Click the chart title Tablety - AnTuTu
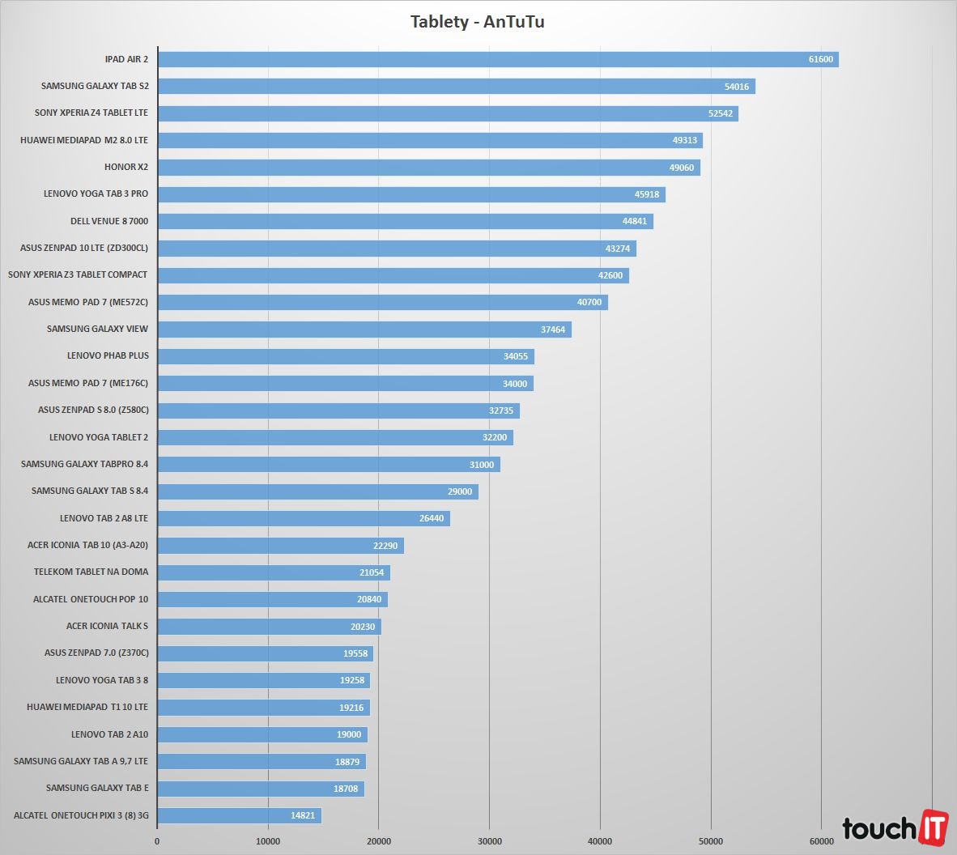pyautogui.click(x=477, y=22)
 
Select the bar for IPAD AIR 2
pyautogui.click(x=497, y=59)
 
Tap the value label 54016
pyautogui.click(x=736, y=87)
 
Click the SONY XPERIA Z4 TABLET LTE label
pyautogui.click(x=91, y=113)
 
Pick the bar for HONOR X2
pyautogui.click(x=428, y=168)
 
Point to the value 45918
pyautogui.click(x=646, y=194)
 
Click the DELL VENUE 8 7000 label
pyautogui.click(x=109, y=221)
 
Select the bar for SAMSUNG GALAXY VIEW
pyautogui.click(x=364, y=330)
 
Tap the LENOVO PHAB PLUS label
pyautogui.click(x=108, y=355)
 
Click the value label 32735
pyautogui.click(x=501, y=410)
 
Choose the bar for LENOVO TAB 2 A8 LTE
pyautogui.click(x=304, y=518)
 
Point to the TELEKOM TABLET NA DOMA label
pyautogui.click(x=91, y=572)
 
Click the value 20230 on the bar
pyautogui.click(x=363, y=627)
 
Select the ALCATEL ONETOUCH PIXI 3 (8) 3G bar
pyautogui.click(x=239, y=815)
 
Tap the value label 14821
pyautogui.click(x=303, y=815)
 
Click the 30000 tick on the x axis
pyautogui.click(x=489, y=841)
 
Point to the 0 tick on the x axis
pyautogui.click(x=157, y=841)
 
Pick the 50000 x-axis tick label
pyautogui.click(x=711, y=841)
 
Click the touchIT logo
pyautogui.click(x=895, y=827)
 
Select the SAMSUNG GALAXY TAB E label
pyautogui.click(x=97, y=788)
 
